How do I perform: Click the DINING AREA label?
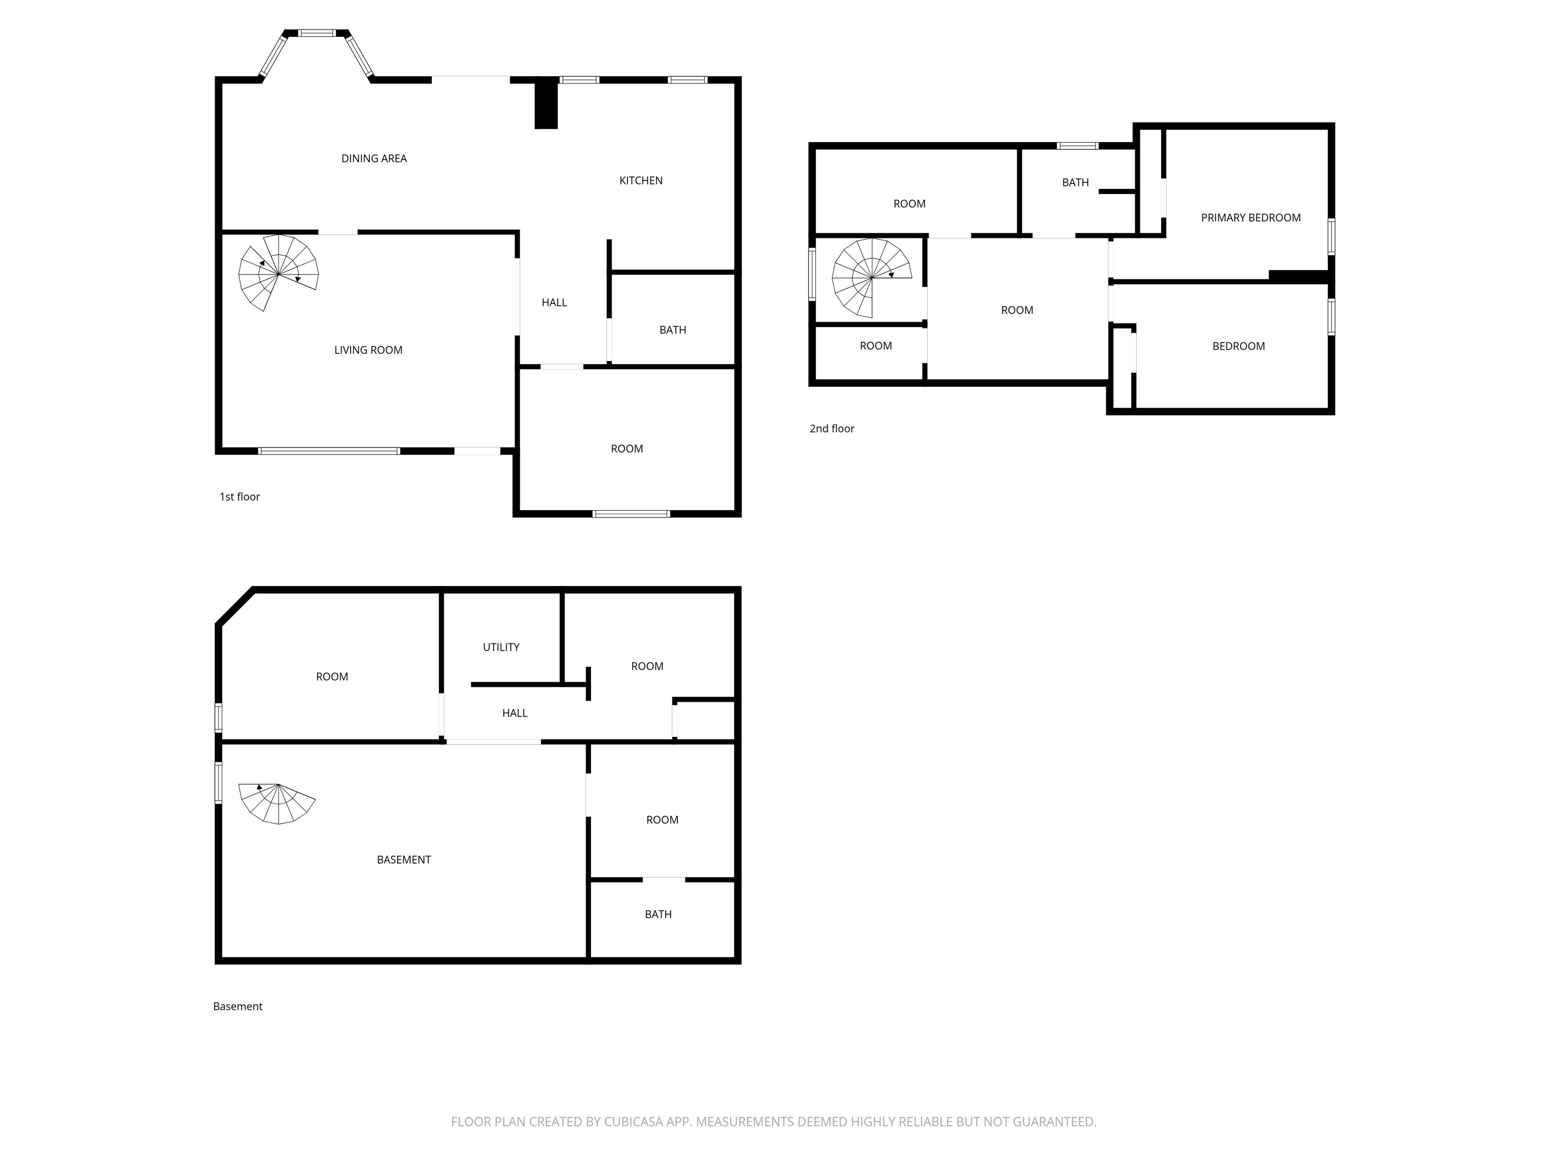click(x=374, y=159)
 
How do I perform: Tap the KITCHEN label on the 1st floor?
click(x=640, y=180)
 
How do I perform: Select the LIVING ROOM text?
click(x=368, y=350)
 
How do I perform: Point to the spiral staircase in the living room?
click(x=279, y=273)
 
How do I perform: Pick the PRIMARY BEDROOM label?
click(x=1251, y=218)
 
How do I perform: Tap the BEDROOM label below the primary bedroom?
click(x=1238, y=346)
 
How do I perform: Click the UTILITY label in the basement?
click(x=501, y=648)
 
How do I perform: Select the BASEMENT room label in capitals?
click(x=404, y=859)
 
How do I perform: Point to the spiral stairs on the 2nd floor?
click(x=872, y=278)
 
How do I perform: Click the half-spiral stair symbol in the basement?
click(x=277, y=803)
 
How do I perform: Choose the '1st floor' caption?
click(x=239, y=497)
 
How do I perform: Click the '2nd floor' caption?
click(x=831, y=428)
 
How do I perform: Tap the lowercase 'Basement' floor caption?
click(x=237, y=1006)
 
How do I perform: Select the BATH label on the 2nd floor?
click(x=1075, y=182)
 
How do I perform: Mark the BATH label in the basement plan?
click(x=658, y=914)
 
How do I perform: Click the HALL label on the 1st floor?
click(x=554, y=302)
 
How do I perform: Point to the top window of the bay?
click(x=317, y=33)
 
